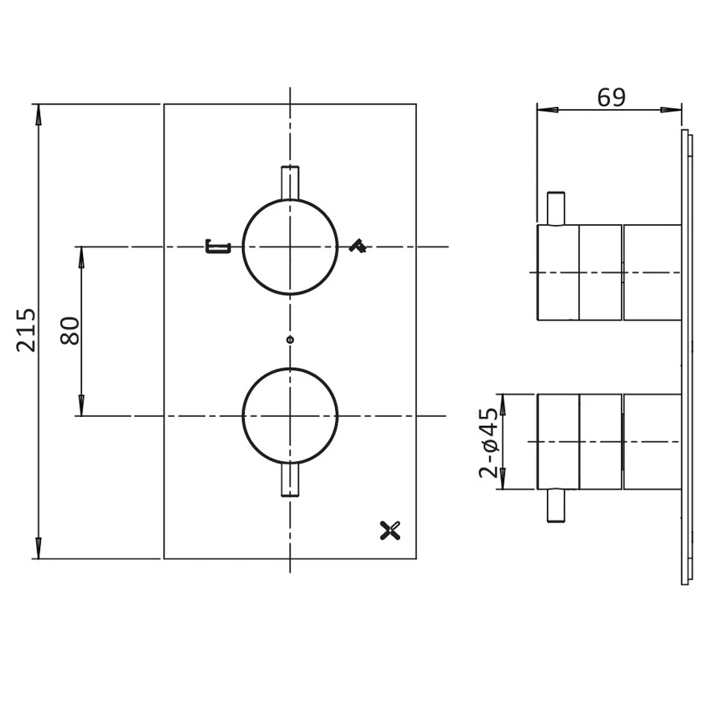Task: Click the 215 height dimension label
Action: pyautogui.click(x=27, y=329)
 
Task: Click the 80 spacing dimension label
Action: pyautogui.click(x=71, y=330)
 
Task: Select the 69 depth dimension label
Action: pyautogui.click(x=611, y=97)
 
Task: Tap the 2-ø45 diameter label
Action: pyautogui.click(x=488, y=442)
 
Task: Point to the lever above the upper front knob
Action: pyautogui.click(x=289, y=182)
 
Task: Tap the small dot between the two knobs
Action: pyautogui.click(x=290, y=340)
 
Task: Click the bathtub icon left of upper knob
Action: pyautogui.click(x=218, y=247)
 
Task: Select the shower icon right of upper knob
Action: pyautogui.click(x=357, y=247)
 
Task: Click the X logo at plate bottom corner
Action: pyautogui.click(x=389, y=529)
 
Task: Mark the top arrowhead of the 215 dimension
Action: pyautogui.click(x=38, y=112)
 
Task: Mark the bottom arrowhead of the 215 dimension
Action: pyautogui.click(x=38, y=550)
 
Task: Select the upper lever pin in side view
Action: pyautogui.click(x=555, y=209)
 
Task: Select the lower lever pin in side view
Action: pyautogui.click(x=555, y=506)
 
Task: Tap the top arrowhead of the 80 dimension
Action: pyautogui.click(x=81, y=255)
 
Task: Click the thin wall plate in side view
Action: pyautogui.click(x=685, y=357)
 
